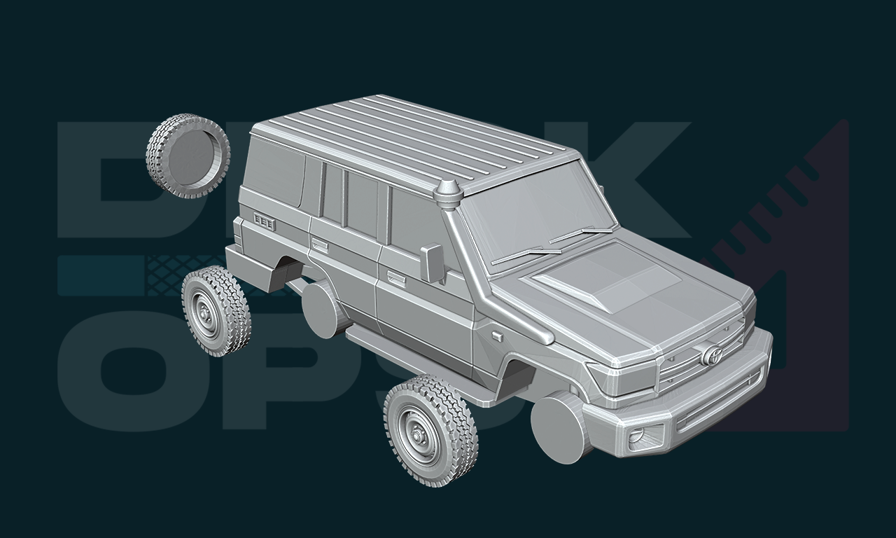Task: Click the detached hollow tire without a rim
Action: [188, 156]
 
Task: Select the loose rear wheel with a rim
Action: [216, 310]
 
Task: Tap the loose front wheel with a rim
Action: [430, 430]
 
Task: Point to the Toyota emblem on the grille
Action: [713, 354]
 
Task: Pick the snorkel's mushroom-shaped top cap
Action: [447, 191]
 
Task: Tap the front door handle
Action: [396, 279]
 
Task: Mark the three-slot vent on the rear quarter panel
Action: [264, 222]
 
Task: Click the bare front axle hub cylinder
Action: [561, 427]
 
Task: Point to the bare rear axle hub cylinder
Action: [325, 309]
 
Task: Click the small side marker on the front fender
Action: [496, 337]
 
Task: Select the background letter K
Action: [630, 175]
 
